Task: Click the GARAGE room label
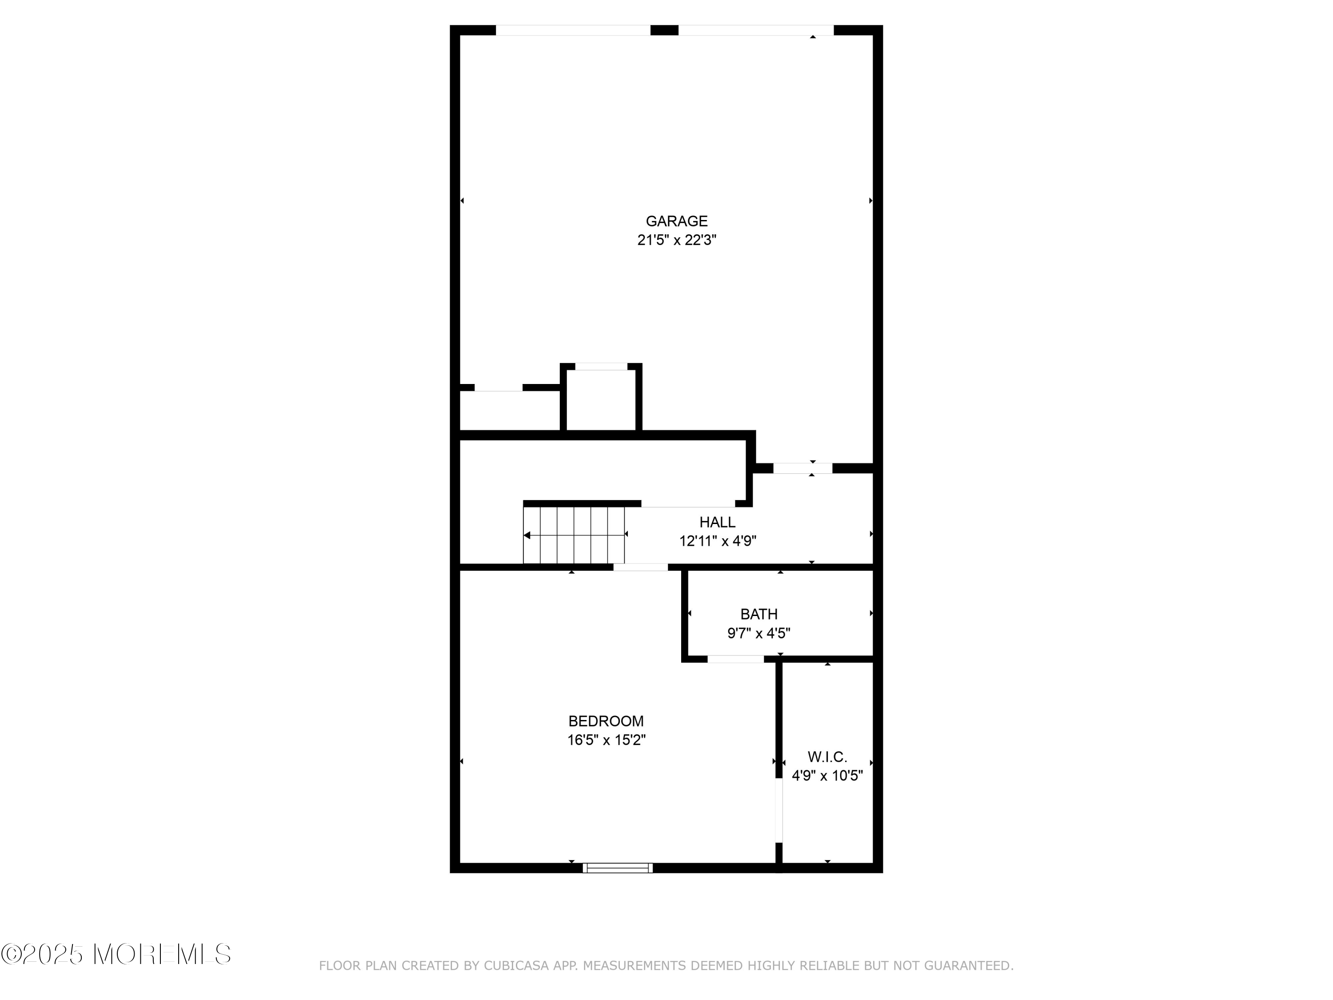676,221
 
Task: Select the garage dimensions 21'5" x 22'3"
676,240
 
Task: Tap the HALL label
717,522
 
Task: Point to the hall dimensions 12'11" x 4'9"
717,541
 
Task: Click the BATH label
759,614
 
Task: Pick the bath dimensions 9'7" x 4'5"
759,633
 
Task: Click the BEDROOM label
606,721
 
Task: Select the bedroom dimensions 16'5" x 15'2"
606,740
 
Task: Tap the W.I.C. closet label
827,757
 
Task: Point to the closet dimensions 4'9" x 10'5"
827,776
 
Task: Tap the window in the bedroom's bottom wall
618,868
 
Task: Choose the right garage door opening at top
756,30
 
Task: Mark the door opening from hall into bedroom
641,567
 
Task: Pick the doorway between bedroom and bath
735,659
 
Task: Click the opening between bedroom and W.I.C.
778,810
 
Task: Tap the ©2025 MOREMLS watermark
116,954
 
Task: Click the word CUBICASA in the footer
516,966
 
